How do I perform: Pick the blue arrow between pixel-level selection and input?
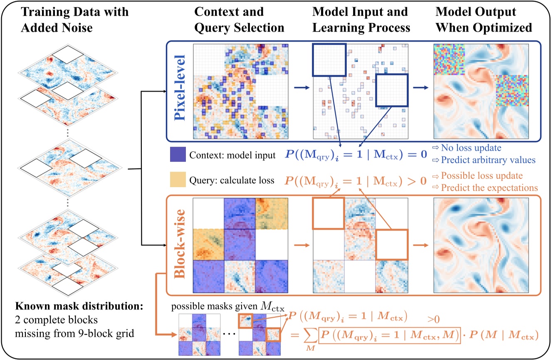[301, 88]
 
